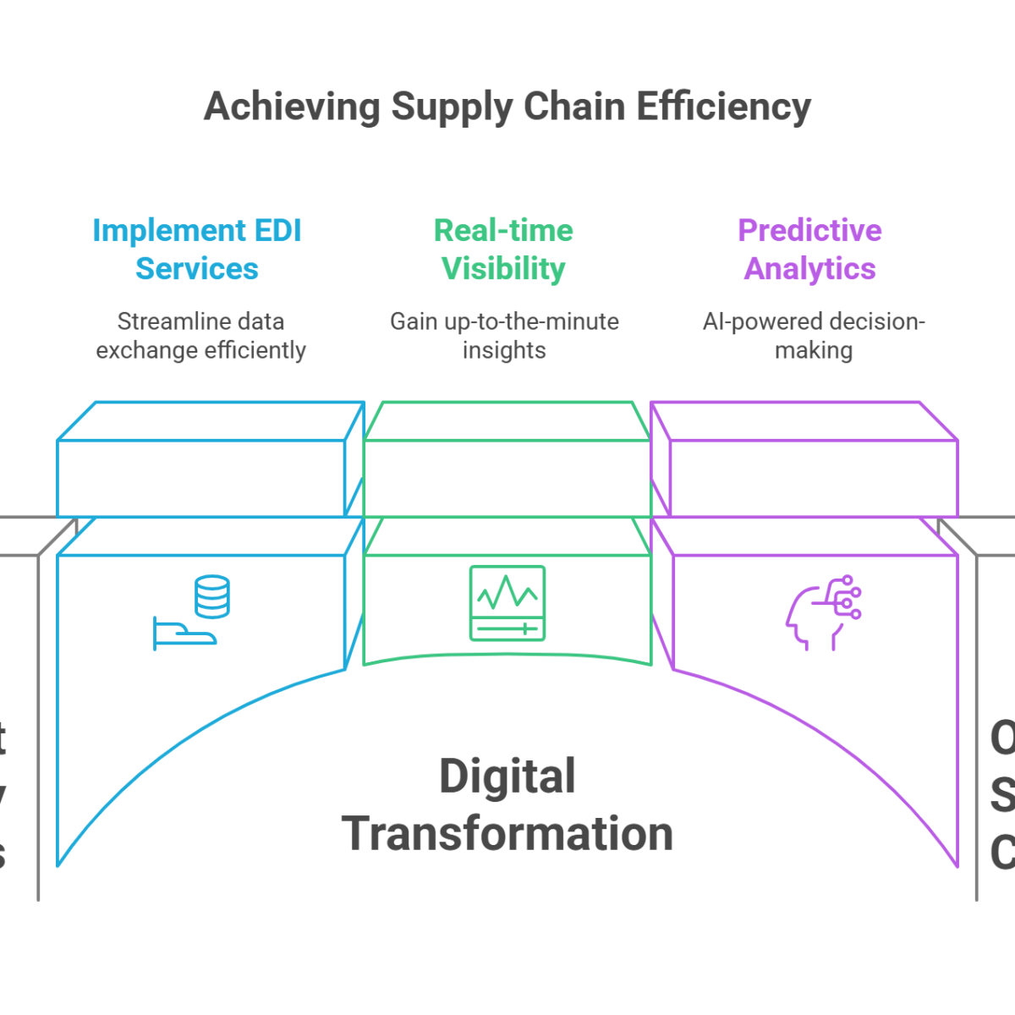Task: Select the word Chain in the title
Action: click(x=571, y=112)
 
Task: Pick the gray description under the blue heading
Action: click(x=200, y=338)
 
